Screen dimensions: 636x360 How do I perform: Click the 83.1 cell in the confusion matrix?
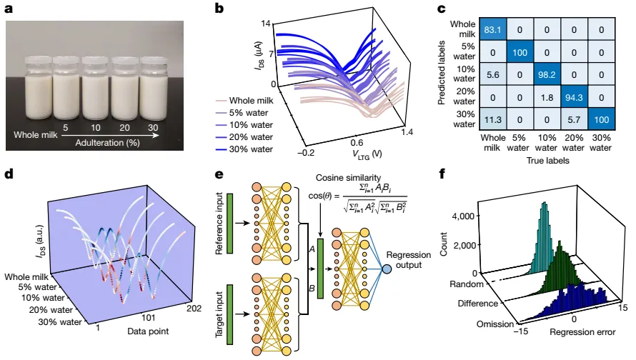pyautogui.click(x=492, y=29)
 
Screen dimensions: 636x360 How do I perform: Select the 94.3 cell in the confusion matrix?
pyautogui.click(x=574, y=97)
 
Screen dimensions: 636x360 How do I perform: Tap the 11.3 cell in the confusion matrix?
pyautogui.click(x=492, y=119)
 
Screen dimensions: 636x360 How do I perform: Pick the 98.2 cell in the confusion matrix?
pyautogui.click(x=547, y=74)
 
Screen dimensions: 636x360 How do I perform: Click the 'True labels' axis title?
pyautogui.click(x=547, y=161)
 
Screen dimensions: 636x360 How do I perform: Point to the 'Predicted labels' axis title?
pyautogui.click(x=442, y=73)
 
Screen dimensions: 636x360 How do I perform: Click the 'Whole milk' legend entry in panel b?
pyautogui.click(x=244, y=101)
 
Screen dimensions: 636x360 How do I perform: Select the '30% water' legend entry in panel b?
pyautogui.click(x=244, y=149)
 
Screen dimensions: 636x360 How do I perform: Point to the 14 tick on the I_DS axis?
pyautogui.click(x=266, y=24)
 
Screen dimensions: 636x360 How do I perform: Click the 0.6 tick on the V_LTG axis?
pyautogui.click(x=357, y=143)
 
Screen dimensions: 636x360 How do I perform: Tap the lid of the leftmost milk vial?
pyautogui.click(x=38, y=62)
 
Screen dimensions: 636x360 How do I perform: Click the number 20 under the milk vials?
pyautogui.click(x=124, y=128)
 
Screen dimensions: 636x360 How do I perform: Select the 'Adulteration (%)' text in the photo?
pyautogui.click(x=107, y=143)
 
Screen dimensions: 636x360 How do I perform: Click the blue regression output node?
pyautogui.click(x=387, y=269)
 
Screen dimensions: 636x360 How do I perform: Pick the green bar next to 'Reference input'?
pyautogui.click(x=229, y=224)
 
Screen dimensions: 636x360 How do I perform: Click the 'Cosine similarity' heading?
pyautogui.click(x=349, y=178)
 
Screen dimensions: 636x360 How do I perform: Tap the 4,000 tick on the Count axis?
pyautogui.click(x=463, y=216)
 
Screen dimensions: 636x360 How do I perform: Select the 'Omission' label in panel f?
pyautogui.click(x=495, y=324)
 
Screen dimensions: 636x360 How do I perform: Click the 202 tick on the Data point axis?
pyautogui.click(x=194, y=309)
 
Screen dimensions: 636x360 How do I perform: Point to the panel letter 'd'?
pyautogui.click(x=9, y=174)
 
